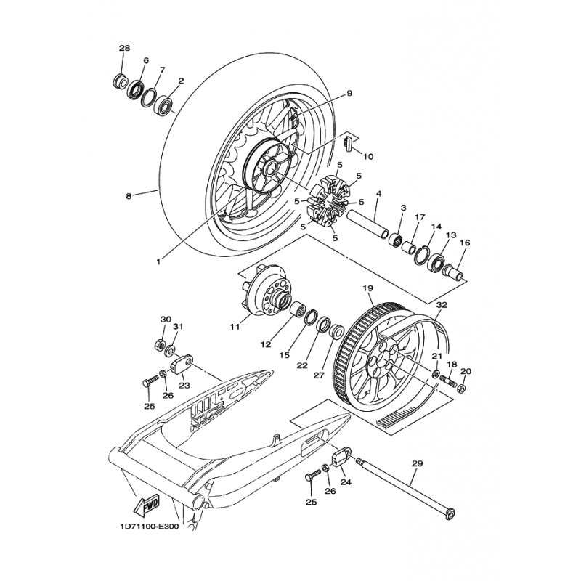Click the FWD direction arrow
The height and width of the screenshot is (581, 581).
(x=146, y=505)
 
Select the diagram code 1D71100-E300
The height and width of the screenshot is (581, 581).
(x=149, y=527)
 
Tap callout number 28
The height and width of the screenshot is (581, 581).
(x=124, y=48)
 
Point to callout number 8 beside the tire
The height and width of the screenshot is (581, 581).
(x=129, y=196)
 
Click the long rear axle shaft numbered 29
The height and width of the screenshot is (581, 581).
(x=405, y=488)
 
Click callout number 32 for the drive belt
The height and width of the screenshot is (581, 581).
(x=442, y=305)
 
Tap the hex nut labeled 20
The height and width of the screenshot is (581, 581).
(x=462, y=389)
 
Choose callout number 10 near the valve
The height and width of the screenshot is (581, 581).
(x=368, y=157)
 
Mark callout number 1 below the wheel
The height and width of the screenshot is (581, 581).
(x=158, y=261)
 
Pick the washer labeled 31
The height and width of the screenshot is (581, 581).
(x=171, y=350)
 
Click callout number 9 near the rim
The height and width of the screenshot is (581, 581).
(x=349, y=94)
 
